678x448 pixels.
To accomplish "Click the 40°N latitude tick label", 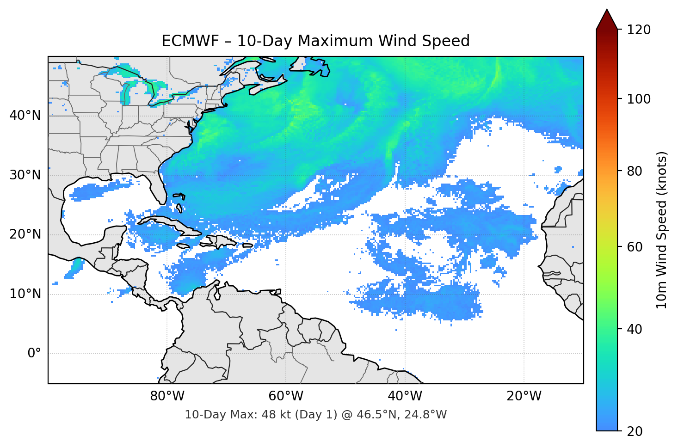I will (x=25, y=115).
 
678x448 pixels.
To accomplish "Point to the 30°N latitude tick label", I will (x=25, y=175).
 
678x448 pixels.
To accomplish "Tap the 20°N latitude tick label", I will (x=25, y=234).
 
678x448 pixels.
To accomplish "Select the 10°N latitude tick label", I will (x=25, y=294).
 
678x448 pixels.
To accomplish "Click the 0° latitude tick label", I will (x=34, y=354).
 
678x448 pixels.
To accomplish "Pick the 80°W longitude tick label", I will (x=167, y=396).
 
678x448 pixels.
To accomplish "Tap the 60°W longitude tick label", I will (x=286, y=396).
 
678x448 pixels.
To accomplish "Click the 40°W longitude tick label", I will (x=405, y=396).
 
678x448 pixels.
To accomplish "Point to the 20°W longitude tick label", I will (x=524, y=396).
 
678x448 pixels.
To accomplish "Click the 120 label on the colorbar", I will (x=639, y=30).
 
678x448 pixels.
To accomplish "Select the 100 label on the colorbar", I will (x=639, y=99).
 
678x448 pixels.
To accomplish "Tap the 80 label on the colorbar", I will (x=635, y=171).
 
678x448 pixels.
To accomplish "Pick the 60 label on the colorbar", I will (x=635, y=247).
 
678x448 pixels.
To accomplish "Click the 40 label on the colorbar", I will (x=635, y=329).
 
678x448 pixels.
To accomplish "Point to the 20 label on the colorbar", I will (x=635, y=431).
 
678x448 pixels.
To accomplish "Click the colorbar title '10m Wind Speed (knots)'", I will (x=662, y=230).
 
